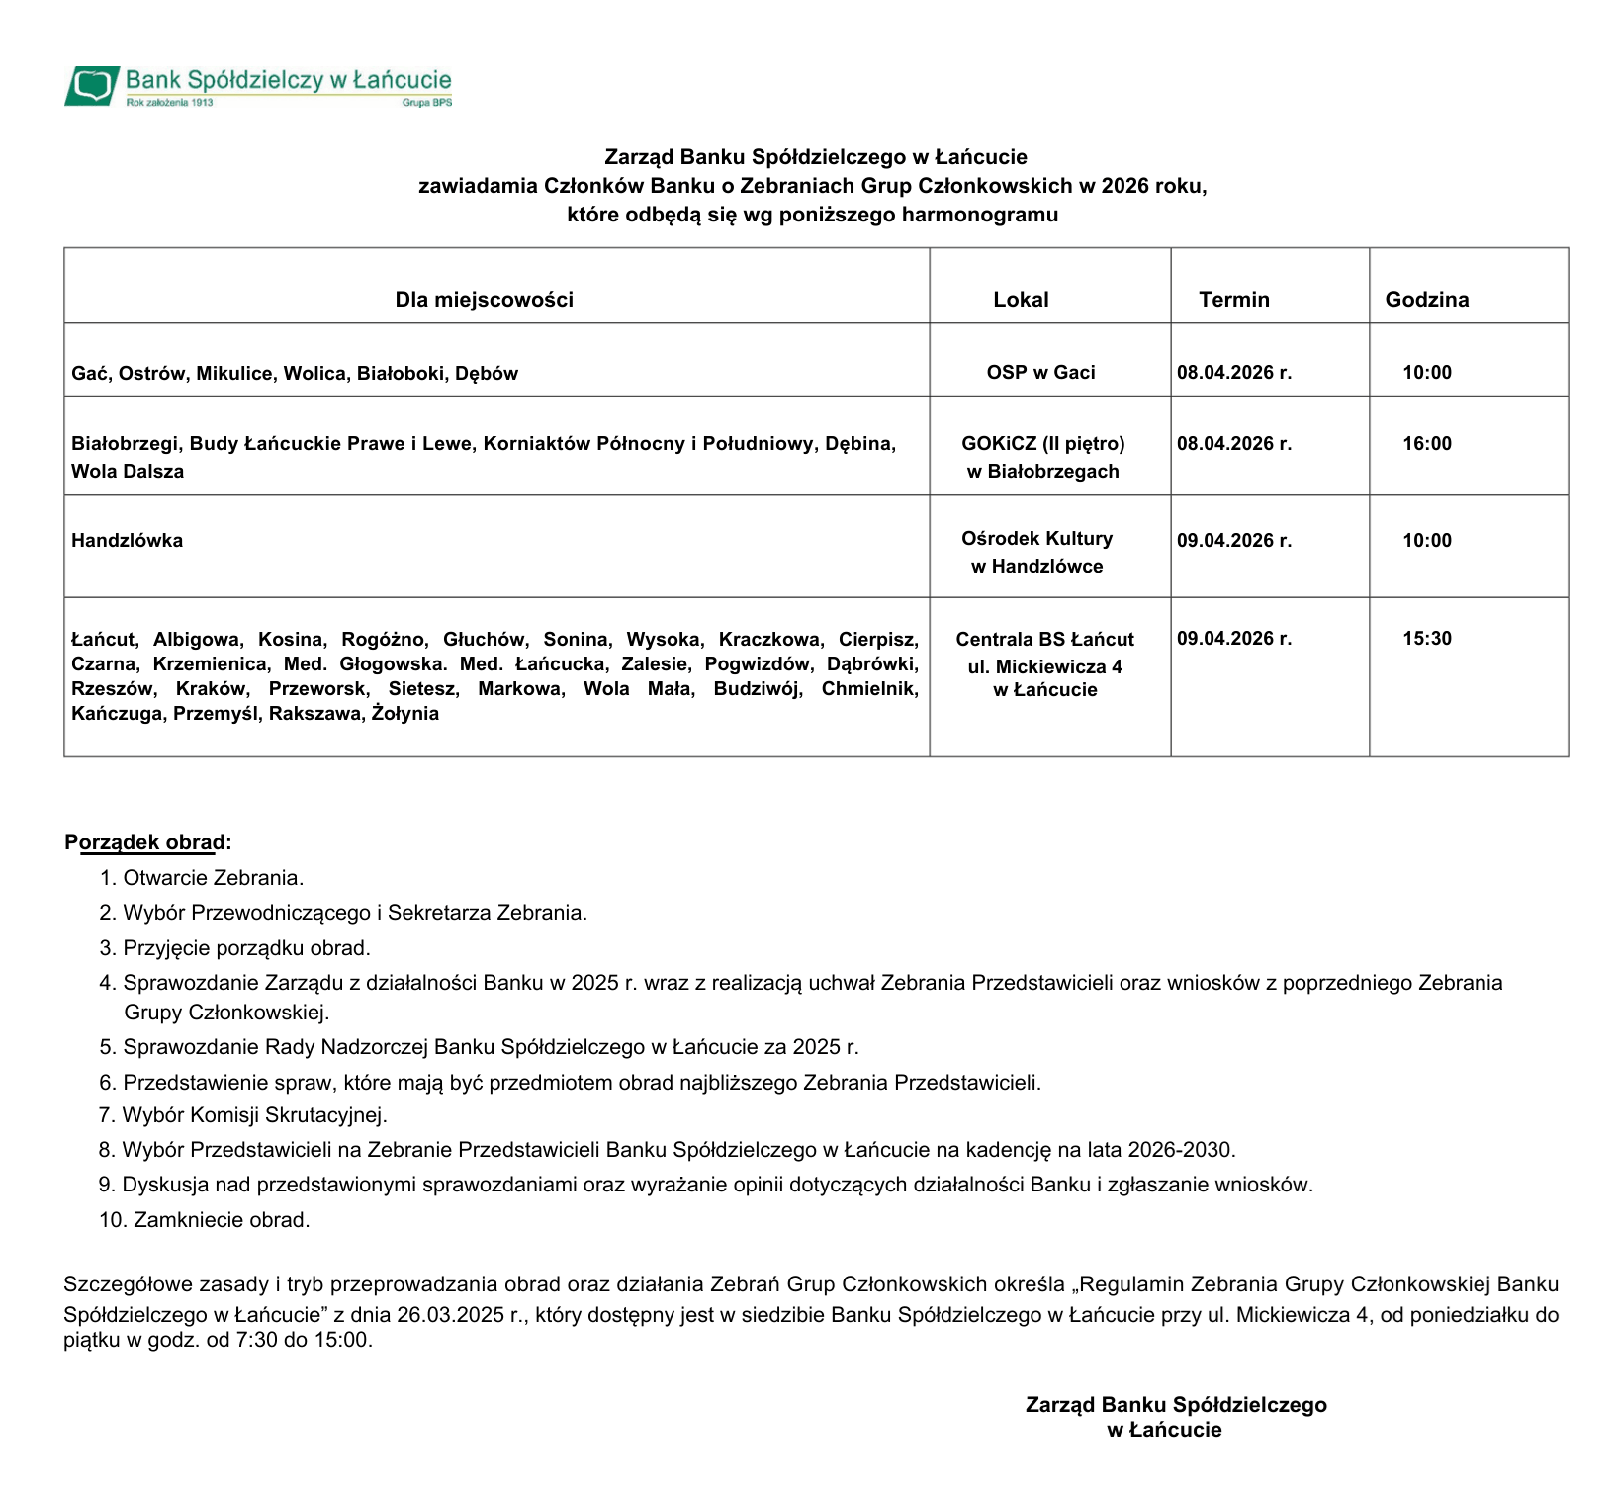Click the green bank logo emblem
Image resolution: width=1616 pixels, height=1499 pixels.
point(93,85)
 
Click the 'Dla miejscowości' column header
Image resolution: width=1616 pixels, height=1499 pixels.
point(484,300)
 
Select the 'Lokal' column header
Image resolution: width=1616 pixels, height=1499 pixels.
point(1021,300)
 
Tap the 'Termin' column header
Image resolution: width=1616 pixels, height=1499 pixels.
point(1233,300)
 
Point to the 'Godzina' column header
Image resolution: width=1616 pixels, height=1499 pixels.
point(1426,300)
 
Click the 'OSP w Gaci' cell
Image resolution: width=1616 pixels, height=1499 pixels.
point(1040,373)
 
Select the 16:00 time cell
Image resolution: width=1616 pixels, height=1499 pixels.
point(1426,444)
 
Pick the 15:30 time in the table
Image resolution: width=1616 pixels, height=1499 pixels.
point(1426,639)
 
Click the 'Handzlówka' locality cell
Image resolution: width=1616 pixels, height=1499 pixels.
point(127,541)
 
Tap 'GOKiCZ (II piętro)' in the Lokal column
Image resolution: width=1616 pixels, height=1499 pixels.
point(1042,444)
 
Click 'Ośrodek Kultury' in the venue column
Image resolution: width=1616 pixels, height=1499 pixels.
point(1036,539)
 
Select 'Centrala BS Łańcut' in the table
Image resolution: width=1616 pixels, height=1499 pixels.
point(1044,640)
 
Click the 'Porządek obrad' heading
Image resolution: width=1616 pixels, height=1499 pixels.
point(147,843)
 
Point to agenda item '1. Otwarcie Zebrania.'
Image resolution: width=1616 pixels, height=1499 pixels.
point(201,878)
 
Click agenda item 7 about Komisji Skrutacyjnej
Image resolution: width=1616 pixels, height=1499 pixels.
point(242,1115)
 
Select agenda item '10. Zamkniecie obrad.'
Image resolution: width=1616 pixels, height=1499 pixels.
point(205,1220)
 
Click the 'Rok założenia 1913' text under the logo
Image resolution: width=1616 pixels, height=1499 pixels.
point(169,103)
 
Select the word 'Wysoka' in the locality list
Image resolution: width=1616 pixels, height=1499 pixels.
point(664,640)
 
